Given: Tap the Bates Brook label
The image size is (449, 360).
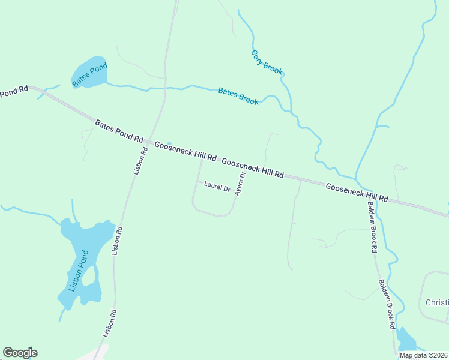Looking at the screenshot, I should tap(238, 97).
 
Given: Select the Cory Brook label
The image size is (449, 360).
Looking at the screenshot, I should tap(267, 62).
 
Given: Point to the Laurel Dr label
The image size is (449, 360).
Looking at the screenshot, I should tap(217, 187).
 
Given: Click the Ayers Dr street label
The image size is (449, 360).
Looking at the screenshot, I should tap(240, 184).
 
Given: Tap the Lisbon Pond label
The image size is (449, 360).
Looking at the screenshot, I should tap(78, 271).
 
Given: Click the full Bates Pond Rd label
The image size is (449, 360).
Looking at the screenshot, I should tap(119, 131).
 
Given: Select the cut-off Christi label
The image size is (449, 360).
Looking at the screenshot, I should tap(437, 302).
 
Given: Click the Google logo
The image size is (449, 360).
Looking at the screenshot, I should tap(20, 353).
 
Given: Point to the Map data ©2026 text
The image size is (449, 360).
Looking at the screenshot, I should tap(423, 355).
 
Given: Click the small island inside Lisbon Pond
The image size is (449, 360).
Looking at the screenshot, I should tap(88, 276).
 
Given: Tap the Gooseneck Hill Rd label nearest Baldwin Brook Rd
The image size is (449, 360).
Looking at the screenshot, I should tap(357, 193).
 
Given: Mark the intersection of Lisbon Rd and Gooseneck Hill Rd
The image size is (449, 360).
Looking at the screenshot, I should tap(150, 143).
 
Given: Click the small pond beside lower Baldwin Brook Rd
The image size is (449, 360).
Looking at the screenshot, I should tap(406, 340).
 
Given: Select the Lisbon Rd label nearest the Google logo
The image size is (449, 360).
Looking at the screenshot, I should tap(109, 323).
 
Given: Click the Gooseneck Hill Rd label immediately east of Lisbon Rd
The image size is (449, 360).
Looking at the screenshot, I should tap(185, 151).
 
